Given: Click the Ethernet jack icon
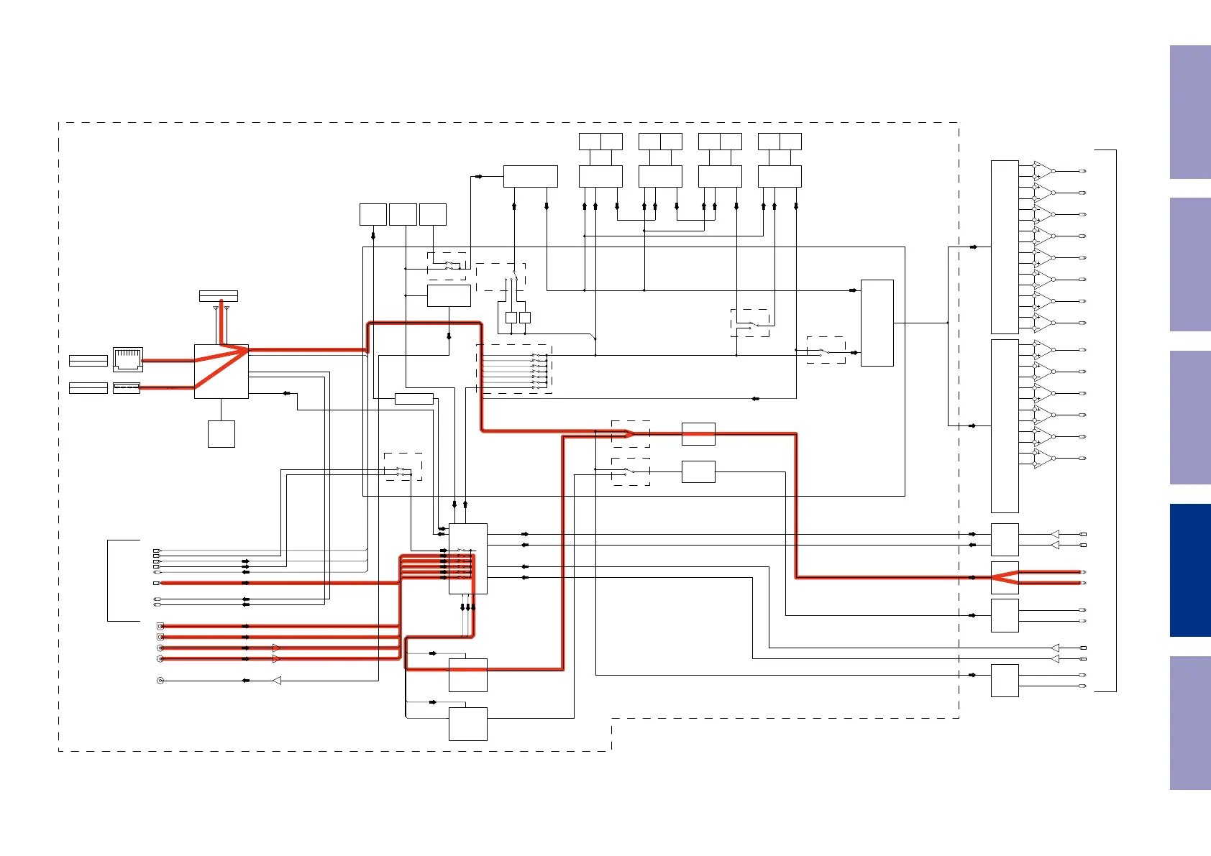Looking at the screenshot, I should (128, 359).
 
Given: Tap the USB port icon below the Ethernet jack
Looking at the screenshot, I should (127, 388).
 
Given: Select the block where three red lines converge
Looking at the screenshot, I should (221, 371).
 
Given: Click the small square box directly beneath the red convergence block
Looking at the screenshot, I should (221, 434).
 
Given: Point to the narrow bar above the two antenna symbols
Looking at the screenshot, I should (219, 296).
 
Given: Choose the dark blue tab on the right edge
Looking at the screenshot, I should (1190, 570).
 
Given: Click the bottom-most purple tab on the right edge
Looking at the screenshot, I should (1190, 722).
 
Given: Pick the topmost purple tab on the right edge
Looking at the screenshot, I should (1190, 112).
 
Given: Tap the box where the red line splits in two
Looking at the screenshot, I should (1005, 577).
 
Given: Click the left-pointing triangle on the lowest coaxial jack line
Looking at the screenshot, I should (277, 680).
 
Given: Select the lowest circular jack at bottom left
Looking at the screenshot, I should (160, 680).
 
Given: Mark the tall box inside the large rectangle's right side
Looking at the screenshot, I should (877, 323).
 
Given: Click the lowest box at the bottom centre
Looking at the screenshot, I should (468, 724).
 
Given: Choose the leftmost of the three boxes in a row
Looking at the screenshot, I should (373, 214).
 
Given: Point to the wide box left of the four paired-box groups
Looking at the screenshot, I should (531, 176).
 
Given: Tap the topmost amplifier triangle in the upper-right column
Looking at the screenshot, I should (1042, 171).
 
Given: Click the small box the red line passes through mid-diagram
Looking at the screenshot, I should (698, 434).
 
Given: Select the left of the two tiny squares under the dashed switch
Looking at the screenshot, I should (511, 318).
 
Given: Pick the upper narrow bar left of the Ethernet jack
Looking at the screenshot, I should (88, 361).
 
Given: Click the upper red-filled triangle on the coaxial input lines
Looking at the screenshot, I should (277, 648).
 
